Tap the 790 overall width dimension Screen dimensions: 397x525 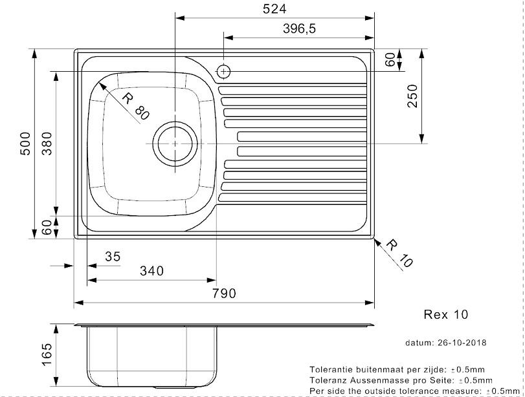224,294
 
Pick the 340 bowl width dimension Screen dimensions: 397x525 151,272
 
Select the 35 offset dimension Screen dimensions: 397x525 113,257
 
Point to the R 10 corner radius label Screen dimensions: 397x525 398,253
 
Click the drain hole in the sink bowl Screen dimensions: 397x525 175,140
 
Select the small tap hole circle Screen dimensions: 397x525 223,70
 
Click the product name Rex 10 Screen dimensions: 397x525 445,315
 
